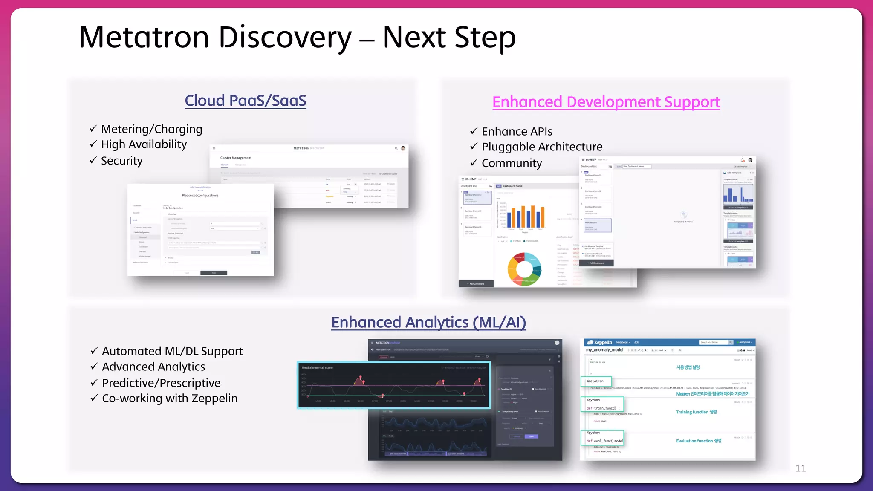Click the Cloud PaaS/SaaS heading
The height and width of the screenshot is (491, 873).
pos(245,101)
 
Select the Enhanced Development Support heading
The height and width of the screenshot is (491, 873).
pos(606,102)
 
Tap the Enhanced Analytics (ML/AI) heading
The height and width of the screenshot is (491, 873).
pos(428,322)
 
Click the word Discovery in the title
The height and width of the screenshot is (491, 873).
pos(285,38)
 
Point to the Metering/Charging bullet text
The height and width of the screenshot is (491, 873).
pos(151,129)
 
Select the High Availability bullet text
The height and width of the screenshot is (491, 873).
pos(144,144)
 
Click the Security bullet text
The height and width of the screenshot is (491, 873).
pos(121,161)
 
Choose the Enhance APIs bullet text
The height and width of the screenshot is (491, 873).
pos(517,131)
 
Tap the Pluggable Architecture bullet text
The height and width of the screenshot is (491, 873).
pos(542,147)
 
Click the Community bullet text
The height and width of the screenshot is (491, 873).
pos(512,163)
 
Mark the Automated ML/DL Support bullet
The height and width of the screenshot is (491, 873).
pos(172,351)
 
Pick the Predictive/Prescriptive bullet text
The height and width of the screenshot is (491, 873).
pos(161,383)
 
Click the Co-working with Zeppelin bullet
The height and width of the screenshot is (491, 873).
pos(170,398)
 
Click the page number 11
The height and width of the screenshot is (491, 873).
pos(800,468)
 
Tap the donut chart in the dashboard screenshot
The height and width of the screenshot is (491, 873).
pos(524,269)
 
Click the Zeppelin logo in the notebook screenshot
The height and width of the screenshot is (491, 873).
pos(600,342)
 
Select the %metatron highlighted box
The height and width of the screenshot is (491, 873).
pos(596,381)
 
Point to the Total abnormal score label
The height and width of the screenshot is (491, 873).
pos(317,367)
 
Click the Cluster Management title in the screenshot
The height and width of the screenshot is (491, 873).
pos(236,158)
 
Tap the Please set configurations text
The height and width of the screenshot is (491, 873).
pos(200,196)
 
